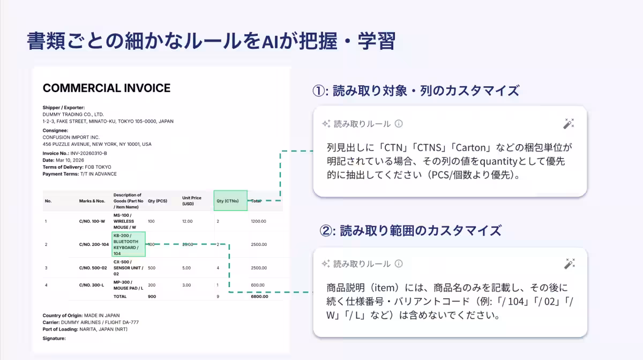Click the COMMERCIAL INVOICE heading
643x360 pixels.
tap(107, 88)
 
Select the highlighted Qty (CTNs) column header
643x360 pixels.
tap(230, 201)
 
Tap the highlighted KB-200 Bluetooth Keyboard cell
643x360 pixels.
tap(129, 244)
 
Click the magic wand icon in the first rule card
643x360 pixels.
tap(569, 124)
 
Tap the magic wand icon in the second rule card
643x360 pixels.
tap(569, 264)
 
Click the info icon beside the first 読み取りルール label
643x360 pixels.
tap(399, 124)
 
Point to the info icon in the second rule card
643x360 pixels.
tap(399, 264)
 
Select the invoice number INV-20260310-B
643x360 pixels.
tap(89, 153)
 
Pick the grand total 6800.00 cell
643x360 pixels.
tap(259, 297)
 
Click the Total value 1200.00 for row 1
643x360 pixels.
tap(258, 221)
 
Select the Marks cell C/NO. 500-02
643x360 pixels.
tap(93, 268)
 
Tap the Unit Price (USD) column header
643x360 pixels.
tap(192, 201)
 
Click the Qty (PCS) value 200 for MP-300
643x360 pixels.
tap(152, 285)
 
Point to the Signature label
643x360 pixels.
tap(54, 339)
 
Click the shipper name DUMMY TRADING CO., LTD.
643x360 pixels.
tap(73, 114)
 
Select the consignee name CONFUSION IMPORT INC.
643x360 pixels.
tap(71, 137)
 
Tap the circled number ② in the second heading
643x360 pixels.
tap(326, 231)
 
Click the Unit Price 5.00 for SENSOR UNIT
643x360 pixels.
tap(186, 268)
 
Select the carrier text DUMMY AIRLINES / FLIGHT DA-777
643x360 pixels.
tap(100, 322)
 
